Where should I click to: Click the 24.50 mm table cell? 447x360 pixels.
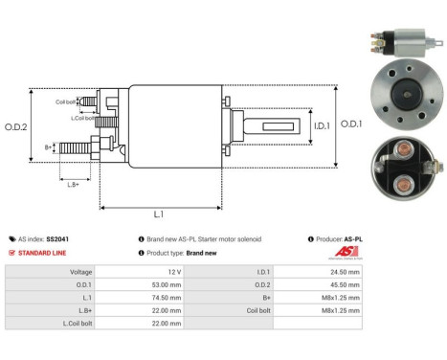[343, 272]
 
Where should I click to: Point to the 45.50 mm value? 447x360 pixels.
[343, 284]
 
